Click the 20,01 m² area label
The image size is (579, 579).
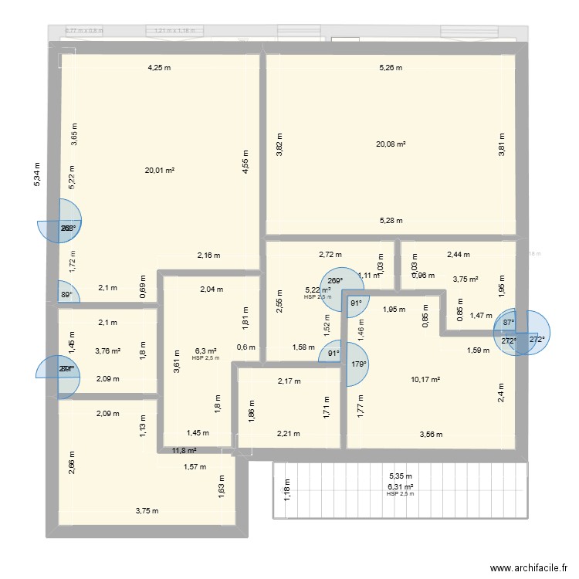159,171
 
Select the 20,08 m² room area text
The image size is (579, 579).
391,144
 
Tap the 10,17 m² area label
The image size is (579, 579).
425,379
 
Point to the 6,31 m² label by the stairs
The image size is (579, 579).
401,487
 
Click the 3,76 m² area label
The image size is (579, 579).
107,351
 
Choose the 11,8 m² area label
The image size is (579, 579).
184,451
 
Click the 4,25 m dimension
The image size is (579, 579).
159,68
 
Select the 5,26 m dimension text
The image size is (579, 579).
391,68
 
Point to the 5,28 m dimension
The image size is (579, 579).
391,221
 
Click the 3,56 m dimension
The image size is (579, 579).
432,435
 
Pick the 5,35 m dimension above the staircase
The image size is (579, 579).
401,476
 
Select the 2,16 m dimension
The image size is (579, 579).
208,256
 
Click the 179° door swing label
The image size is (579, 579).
357,365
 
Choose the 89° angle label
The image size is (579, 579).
67,294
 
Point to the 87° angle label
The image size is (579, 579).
508,323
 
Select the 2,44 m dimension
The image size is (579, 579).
458,254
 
